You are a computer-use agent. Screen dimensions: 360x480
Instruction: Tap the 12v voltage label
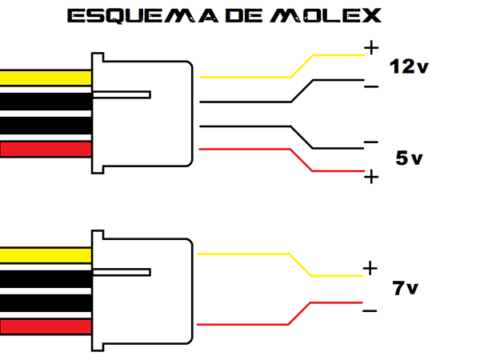[408, 66]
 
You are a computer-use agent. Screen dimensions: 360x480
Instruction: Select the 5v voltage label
[408, 158]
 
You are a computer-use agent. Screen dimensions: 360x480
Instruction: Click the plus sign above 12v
[370, 48]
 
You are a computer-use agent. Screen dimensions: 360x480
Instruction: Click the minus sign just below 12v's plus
[370, 85]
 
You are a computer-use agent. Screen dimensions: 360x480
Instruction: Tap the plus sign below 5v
[370, 177]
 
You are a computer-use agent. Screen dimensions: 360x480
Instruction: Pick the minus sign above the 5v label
[370, 142]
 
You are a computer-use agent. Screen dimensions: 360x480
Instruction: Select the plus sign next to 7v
[370, 268]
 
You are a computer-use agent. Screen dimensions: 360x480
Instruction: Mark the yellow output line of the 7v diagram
[248, 254]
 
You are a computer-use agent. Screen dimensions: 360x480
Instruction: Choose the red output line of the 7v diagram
[248, 324]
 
